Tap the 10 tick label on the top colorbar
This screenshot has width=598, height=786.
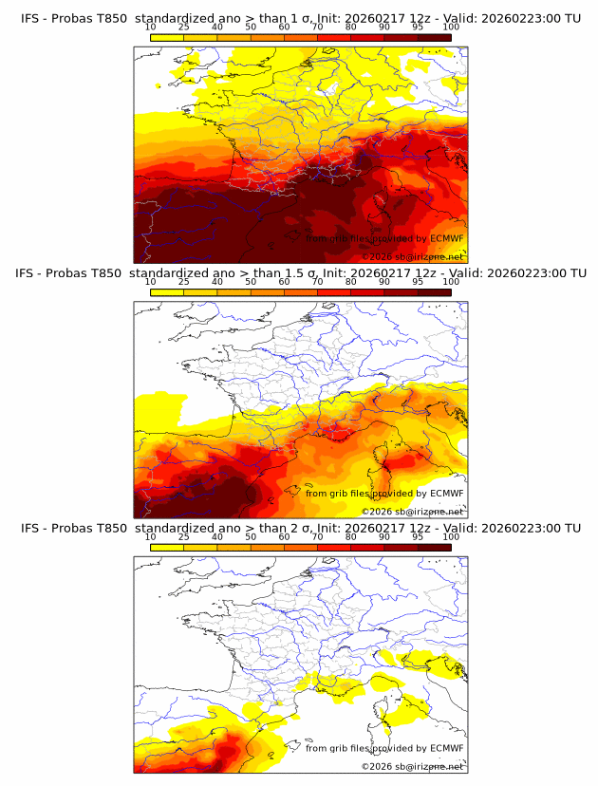coord(150,28)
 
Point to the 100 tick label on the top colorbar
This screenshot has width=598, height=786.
coord(451,28)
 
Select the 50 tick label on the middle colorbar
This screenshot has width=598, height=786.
coord(251,282)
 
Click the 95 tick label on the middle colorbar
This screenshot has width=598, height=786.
coord(418,282)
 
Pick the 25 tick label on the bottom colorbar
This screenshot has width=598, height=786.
coord(183,536)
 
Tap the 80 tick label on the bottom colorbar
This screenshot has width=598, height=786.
coord(351,536)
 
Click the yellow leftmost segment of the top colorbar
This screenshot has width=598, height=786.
coord(167,37)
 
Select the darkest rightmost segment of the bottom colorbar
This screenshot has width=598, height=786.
coord(435,546)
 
